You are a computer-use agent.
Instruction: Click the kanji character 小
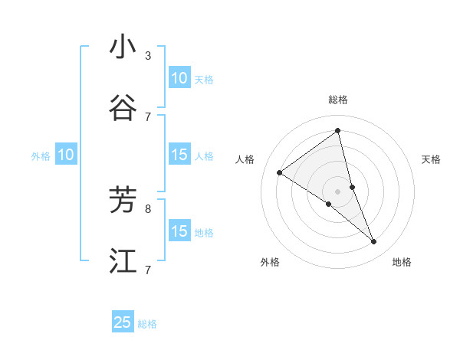(123, 47)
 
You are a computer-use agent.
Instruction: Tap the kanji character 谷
(123, 108)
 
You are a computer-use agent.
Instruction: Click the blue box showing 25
(123, 322)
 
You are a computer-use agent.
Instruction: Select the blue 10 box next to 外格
(66, 155)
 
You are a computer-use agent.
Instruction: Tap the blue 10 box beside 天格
(179, 78)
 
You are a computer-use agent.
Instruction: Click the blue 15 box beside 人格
(179, 155)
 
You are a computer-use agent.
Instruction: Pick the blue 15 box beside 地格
(179, 231)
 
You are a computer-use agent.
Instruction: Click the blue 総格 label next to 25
(147, 324)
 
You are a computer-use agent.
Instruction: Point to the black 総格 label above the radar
(338, 100)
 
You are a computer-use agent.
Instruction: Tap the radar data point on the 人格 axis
(280, 173)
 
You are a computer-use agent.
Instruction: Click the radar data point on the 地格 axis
(374, 242)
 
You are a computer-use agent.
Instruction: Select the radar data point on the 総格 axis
(338, 130)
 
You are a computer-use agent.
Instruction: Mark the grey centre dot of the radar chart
(338, 191)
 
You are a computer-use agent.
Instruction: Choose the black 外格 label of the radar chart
(270, 262)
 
